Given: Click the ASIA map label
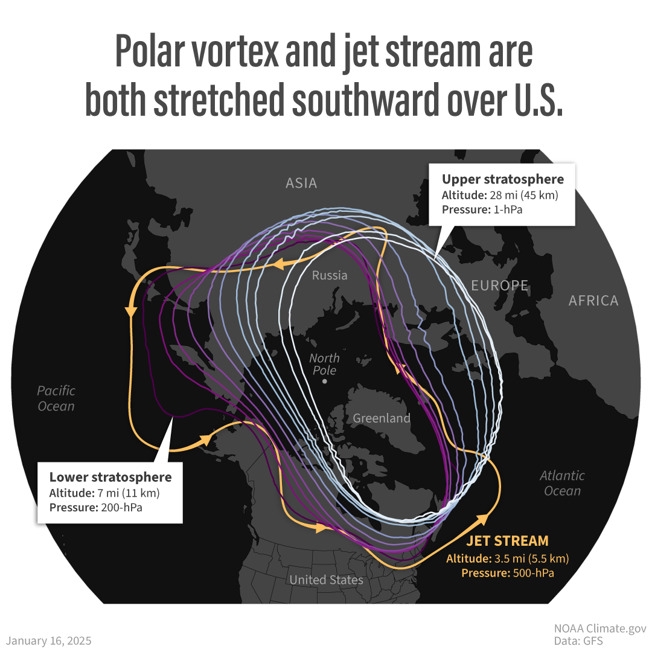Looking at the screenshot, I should [301, 183].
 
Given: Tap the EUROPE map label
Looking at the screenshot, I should [499, 286].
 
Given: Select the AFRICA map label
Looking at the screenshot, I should [593, 301].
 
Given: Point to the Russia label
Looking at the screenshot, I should [330, 275].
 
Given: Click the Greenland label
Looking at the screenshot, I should [381, 418].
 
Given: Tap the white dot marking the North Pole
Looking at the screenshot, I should [325, 382].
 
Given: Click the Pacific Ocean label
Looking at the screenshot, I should [56, 398].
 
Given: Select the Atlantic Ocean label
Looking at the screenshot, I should [562, 483].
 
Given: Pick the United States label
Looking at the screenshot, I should [326, 580].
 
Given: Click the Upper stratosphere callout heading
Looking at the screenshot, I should [503, 179].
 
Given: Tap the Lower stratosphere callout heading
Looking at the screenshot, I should [110, 478].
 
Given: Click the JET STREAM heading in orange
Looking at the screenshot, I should [507, 541].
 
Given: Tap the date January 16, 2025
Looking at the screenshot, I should [49, 641].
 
